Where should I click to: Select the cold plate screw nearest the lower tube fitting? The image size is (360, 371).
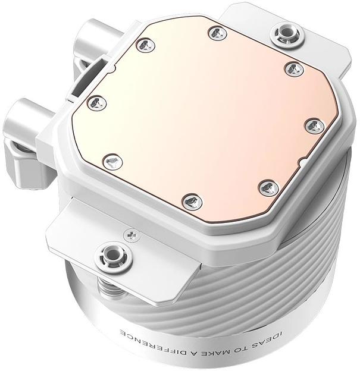tap(96, 103)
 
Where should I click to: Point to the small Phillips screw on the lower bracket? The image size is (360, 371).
tap(130, 236)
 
